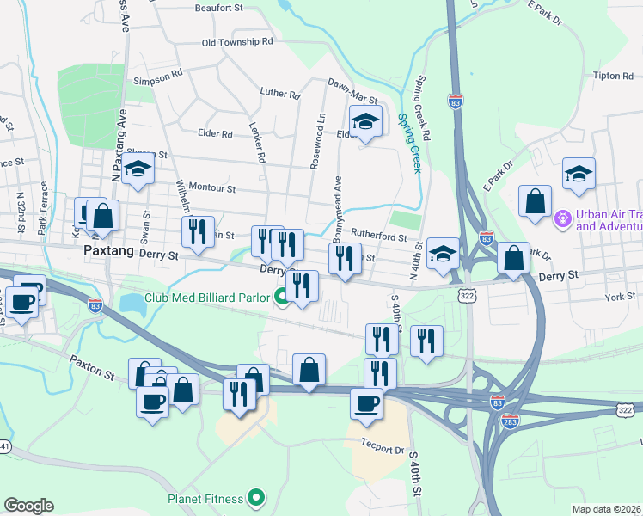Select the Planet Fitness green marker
pyautogui.click(x=255, y=497)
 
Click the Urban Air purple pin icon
pyautogui.click(x=564, y=220)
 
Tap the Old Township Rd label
pyautogui.click(x=236, y=41)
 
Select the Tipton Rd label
pyautogui.click(x=613, y=76)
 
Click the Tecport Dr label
pyautogui.click(x=383, y=449)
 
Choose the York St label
pyautogui.click(x=619, y=296)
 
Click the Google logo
pyautogui.click(x=28, y=506)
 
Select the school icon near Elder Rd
pyautogui.click(x=365, y=125)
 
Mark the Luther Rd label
pyautogui.click(x=279, y=93)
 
